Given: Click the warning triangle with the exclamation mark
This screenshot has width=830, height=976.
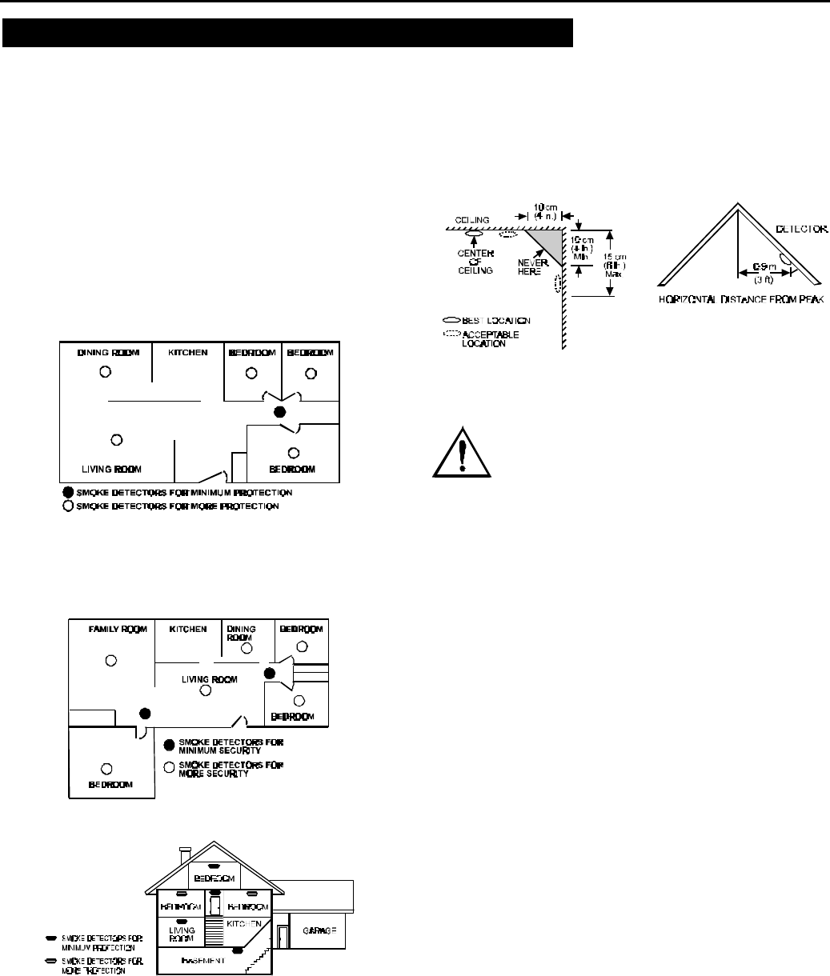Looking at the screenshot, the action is [x=460, y=452].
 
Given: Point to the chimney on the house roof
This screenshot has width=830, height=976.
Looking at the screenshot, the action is [x=186, y=856].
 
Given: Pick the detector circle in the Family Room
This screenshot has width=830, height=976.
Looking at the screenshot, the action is [x=112, y=660].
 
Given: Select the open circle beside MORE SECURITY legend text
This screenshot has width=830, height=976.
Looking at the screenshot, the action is [x=169, y=768].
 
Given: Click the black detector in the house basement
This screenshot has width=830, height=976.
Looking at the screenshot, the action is [x=237, y=951].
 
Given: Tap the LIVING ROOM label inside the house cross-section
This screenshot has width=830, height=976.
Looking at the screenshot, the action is [x=175, y=928].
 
